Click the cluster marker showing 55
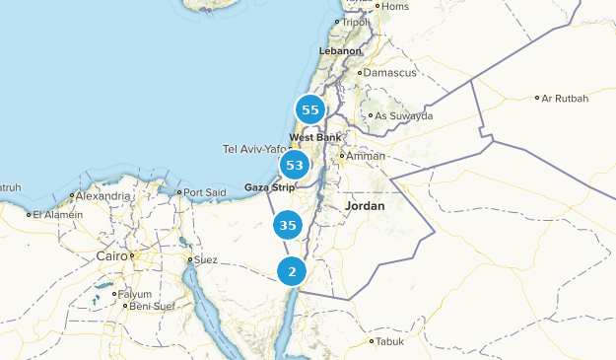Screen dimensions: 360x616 (x=310, y=110)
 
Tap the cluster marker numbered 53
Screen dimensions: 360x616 (x=295, y=165)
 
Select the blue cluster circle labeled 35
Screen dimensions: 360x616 (x=288, y=226)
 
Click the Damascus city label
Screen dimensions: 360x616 (x=390, y=73)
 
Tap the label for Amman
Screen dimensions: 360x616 (x=366, y=156)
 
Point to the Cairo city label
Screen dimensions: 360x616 (x=111, y=255)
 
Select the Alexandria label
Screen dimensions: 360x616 (x=103, y=196)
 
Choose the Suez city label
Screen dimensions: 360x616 (x=205, y=260)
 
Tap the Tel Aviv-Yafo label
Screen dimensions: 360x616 (x=254, y=149)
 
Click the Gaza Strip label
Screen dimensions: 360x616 (x=270, y=186)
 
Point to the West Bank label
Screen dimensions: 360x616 (x=314, y=137)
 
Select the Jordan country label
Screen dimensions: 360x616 (x=366, y=206)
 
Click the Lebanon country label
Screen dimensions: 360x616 (x=340, y=50)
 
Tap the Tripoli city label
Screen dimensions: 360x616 (x=357, y=22)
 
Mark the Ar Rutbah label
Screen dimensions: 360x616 (x=564, y=98)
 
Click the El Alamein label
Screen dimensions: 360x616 (x=56, y=214)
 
